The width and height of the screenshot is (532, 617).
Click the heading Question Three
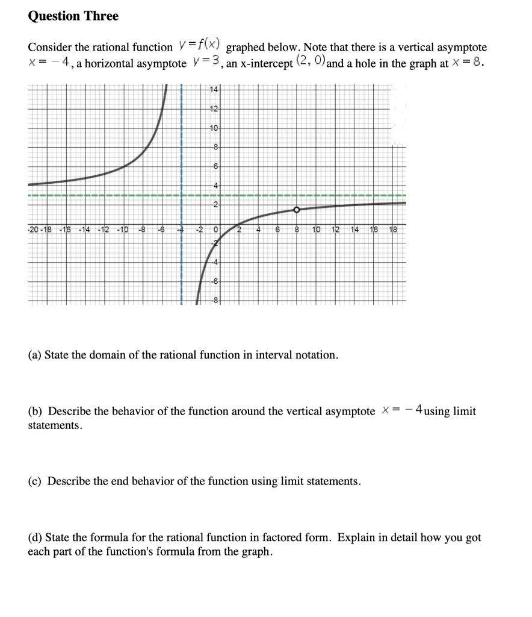coord(73,16)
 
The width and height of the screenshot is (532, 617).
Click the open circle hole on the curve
coord(297,210)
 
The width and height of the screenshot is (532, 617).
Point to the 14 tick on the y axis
coord(214,90)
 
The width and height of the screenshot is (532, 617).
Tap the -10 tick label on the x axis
coord(122,230)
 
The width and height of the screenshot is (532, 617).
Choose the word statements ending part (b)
coord(54,425)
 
